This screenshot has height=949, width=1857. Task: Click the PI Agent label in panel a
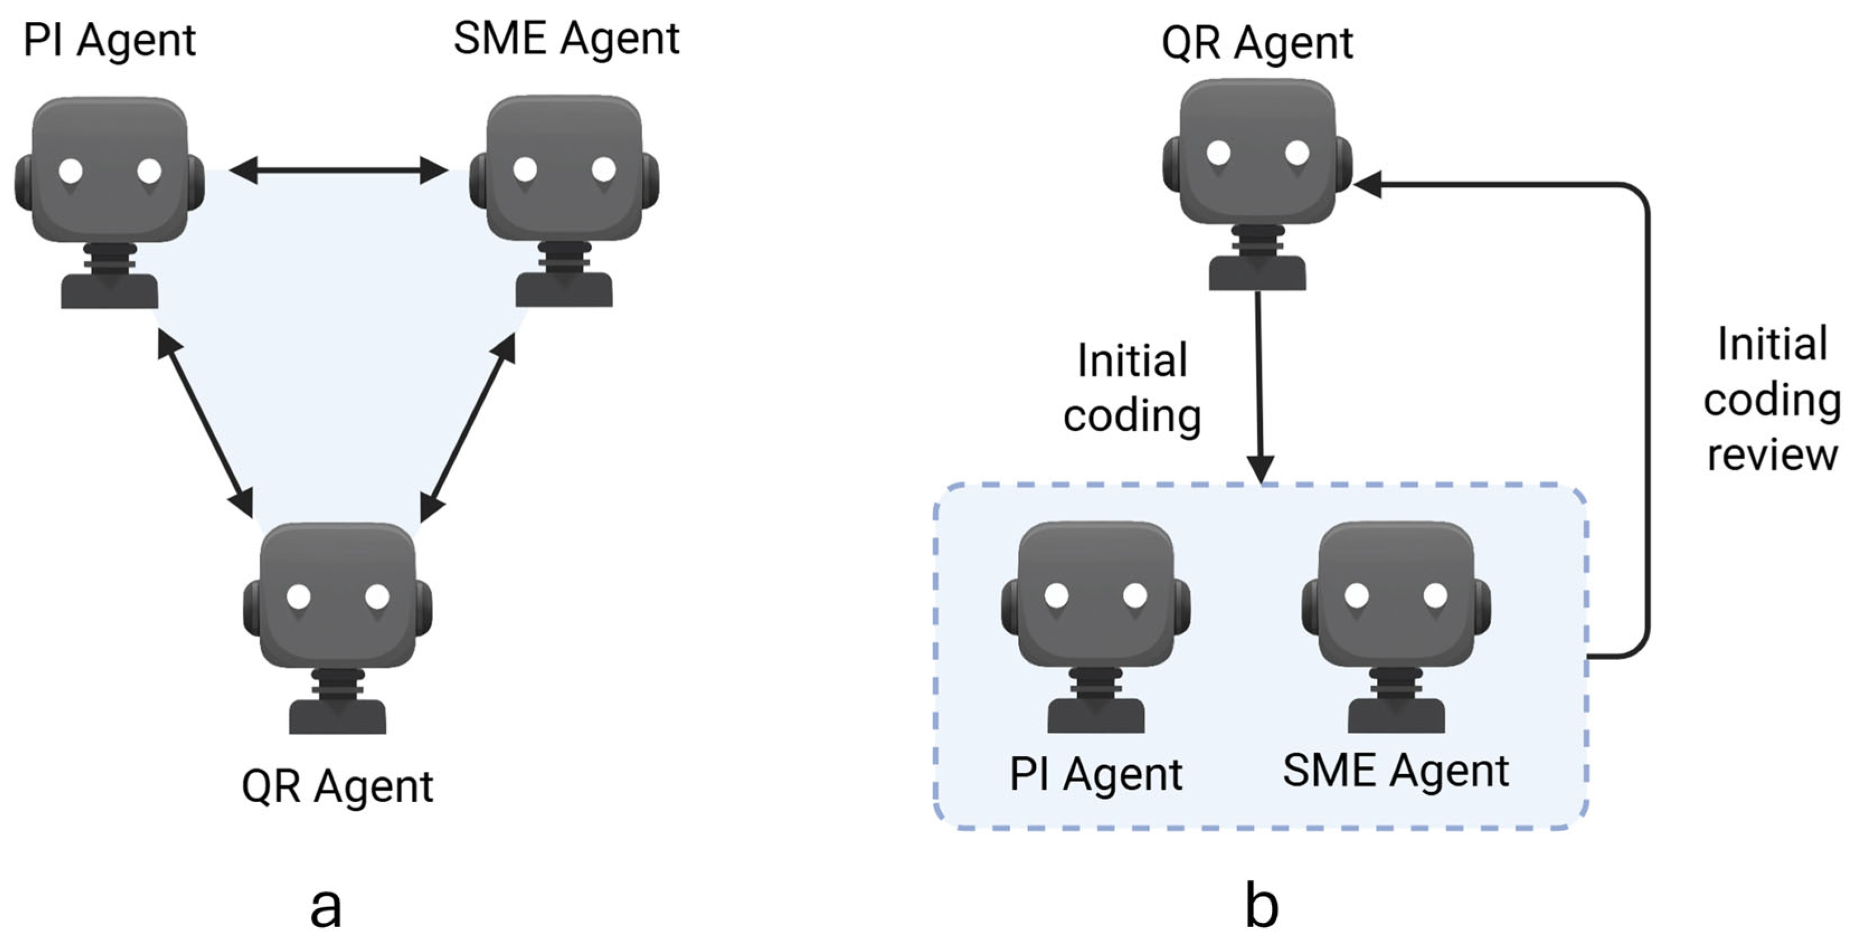coord(110,40)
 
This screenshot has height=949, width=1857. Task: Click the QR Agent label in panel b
coord(1257,43)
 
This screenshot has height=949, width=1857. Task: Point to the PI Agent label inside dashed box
coord(1096,775)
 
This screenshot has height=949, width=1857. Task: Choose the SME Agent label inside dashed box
coord(1396,771)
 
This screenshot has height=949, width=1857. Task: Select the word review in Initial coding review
coord(1772,455)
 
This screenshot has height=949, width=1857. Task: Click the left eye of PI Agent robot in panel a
coord(70,171)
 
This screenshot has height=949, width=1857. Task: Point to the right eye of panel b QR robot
coord(1297,152)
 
